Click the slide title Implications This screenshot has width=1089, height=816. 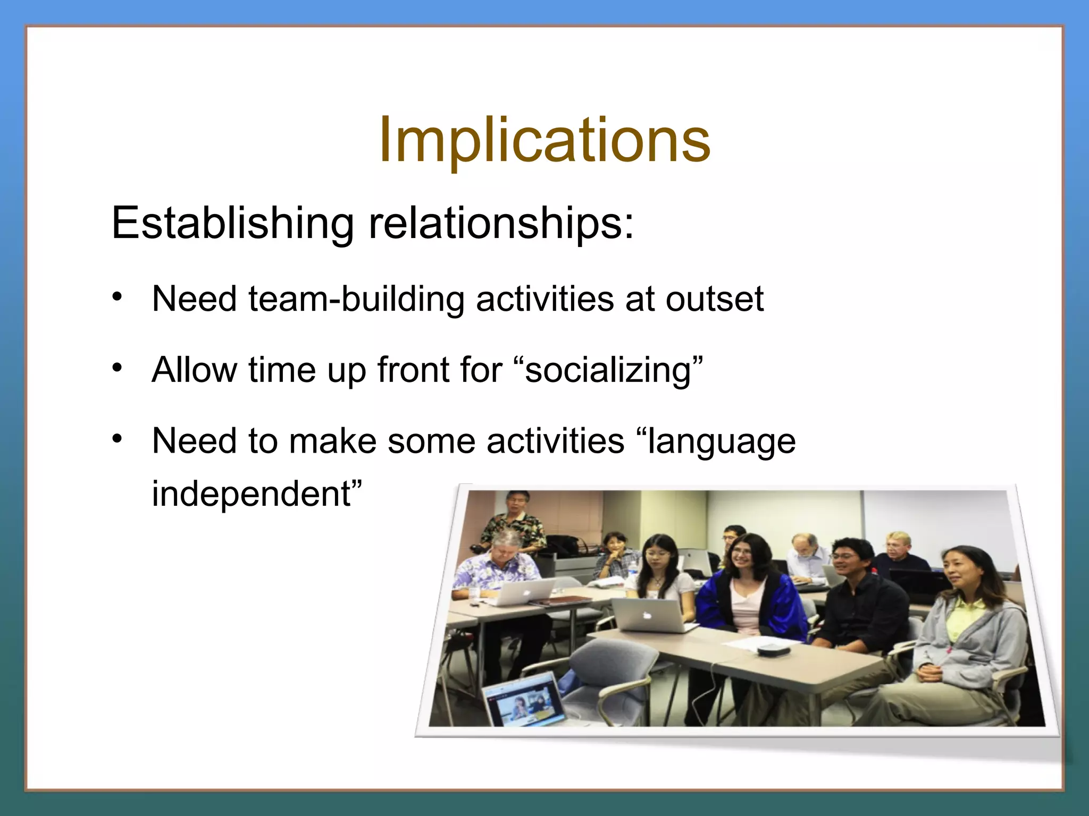(544, 140)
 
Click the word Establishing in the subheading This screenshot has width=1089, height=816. (232, 223)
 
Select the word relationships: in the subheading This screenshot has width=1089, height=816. (501, 223)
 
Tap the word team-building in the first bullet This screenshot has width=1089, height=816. (356, 299)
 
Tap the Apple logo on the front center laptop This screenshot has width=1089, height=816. (646, 615)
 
